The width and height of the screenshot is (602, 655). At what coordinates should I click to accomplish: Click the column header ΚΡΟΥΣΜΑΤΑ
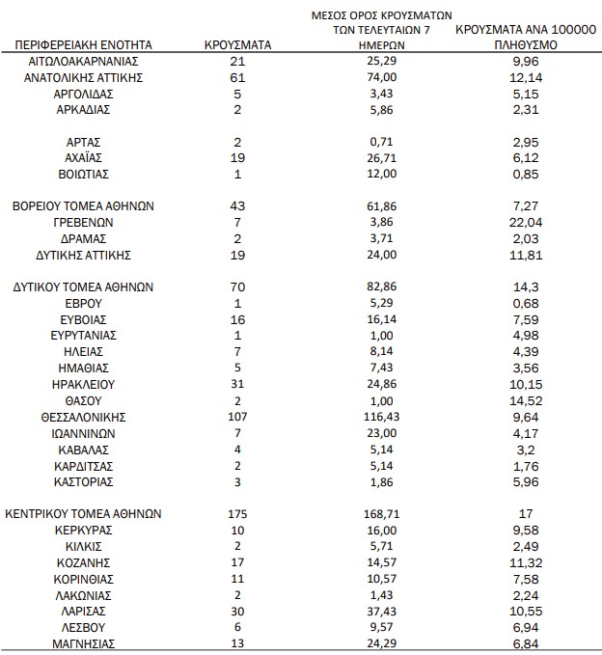238,44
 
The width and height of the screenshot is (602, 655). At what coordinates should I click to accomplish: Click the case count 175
238,514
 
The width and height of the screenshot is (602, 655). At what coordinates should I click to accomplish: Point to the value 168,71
383,514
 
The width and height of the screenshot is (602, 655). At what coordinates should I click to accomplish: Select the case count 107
238,417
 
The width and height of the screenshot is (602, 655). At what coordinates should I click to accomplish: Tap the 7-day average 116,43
383,417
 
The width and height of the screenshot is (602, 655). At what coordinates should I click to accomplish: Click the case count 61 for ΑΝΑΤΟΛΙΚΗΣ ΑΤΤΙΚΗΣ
238,77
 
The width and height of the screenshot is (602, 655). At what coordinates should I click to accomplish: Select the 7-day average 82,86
383,287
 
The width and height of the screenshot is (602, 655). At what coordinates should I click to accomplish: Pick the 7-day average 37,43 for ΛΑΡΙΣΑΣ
383,612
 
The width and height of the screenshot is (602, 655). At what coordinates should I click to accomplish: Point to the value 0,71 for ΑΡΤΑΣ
383,141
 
